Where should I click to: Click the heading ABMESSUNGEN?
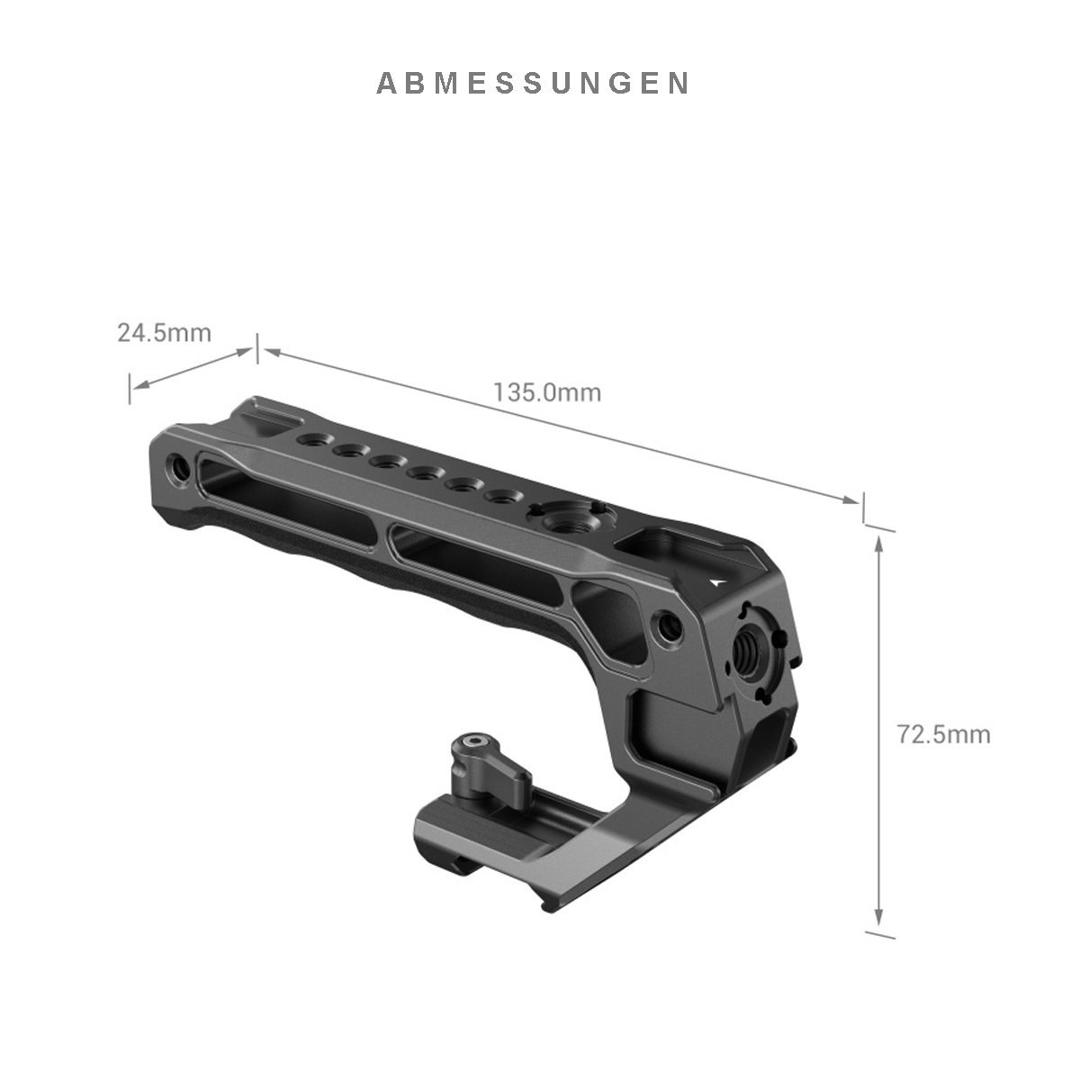coord(533,83)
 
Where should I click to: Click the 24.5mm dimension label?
coord(164,333)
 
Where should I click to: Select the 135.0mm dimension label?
coord(547,391)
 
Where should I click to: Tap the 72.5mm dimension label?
coord(943,734)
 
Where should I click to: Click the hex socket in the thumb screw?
coord(467,743)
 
